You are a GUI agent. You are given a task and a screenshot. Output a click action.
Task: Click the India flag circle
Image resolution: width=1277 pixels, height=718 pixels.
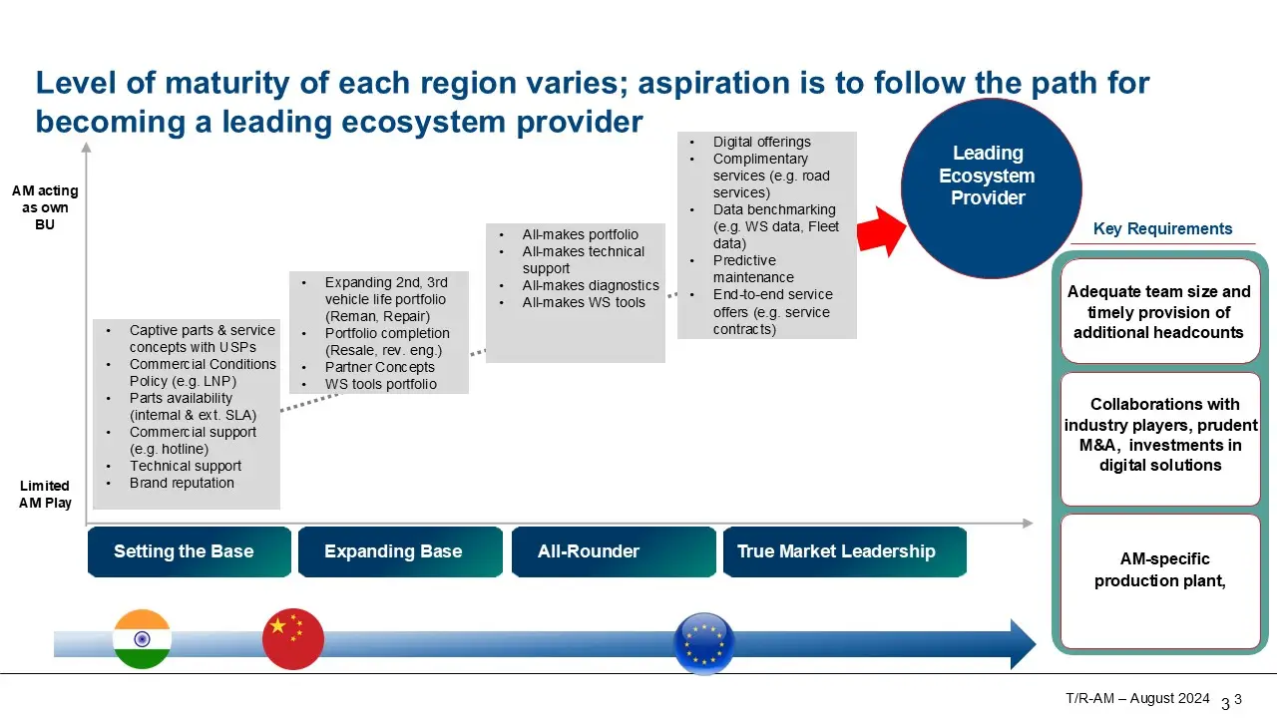coord(142,639)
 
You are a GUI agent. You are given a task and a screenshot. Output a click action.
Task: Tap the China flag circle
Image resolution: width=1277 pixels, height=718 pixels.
coord(293,639)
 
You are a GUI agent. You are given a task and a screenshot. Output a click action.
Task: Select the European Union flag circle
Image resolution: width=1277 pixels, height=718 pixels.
coord(704,642)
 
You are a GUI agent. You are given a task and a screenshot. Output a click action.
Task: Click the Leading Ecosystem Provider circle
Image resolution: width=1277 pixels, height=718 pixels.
coord(991,187)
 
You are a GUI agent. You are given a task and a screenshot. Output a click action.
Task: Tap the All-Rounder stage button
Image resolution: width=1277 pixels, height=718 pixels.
coord(613,551)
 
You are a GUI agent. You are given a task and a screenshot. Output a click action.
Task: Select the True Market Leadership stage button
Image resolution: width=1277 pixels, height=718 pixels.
coord(843,551)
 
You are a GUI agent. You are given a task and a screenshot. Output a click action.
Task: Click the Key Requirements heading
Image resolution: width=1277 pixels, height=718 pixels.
coord(1162,229)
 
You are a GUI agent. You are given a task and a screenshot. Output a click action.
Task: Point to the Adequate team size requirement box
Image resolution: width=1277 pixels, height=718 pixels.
coord(1159,311)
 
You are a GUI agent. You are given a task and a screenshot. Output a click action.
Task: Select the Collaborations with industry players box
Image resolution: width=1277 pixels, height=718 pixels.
coord(1159,436)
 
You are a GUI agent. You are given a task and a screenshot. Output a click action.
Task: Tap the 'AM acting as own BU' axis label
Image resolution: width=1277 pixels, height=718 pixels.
coord(45,207)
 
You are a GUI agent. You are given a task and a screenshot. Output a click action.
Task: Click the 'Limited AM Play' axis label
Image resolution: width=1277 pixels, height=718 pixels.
coord(45,495)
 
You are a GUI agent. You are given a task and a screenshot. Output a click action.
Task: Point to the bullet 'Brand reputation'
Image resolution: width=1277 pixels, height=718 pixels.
coord(182,484)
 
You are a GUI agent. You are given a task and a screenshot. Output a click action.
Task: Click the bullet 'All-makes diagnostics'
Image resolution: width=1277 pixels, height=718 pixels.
coord(591,286)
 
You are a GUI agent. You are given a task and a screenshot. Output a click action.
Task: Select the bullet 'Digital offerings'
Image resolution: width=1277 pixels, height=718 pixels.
coord(761,143)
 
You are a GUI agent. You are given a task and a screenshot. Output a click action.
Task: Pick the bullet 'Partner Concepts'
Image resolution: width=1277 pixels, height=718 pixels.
coord(379,367)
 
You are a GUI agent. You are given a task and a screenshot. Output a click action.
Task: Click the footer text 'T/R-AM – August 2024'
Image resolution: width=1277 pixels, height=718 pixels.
coord(1137,698)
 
